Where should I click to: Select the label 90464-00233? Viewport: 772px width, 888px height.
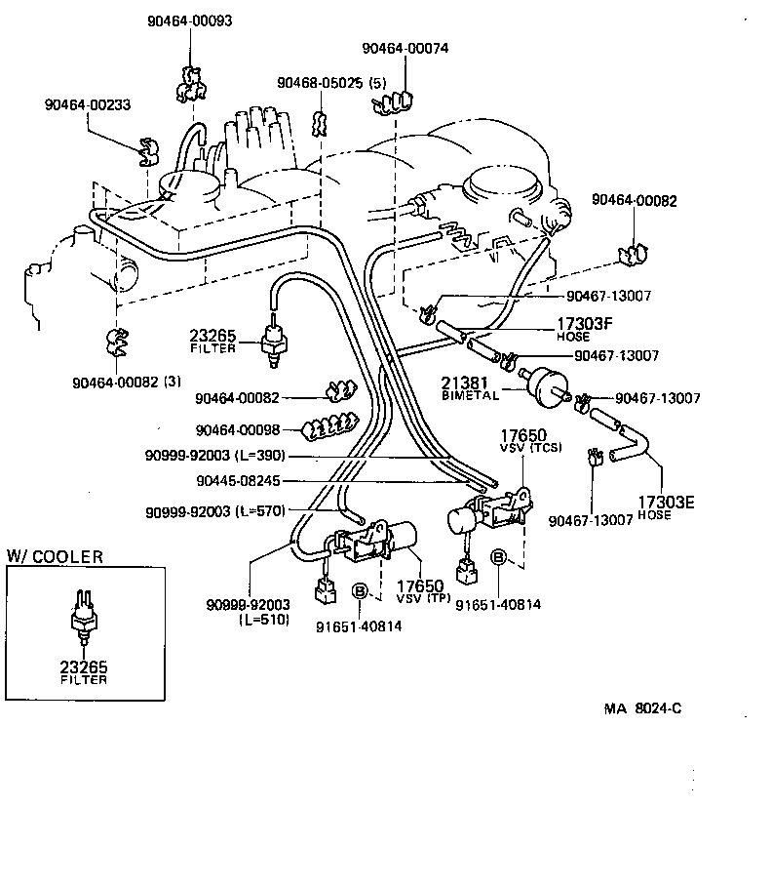click(87, 104)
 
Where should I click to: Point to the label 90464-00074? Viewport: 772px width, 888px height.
click(405, 48)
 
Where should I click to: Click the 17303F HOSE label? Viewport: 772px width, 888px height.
click(586, 329)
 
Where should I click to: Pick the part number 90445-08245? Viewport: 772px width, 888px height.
click(238, 480)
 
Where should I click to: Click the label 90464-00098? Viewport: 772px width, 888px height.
click(237, 429)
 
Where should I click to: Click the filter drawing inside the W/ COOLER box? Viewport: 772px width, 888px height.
click(83, 616)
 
